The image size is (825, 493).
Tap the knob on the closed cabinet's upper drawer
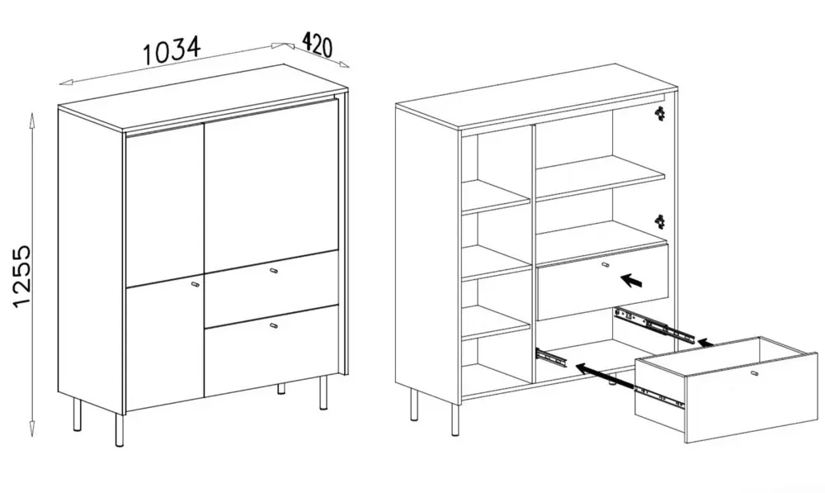273,271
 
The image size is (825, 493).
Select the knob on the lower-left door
195,284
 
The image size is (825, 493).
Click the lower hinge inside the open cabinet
658,221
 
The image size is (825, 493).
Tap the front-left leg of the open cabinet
454,418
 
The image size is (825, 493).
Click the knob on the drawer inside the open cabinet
606,265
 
